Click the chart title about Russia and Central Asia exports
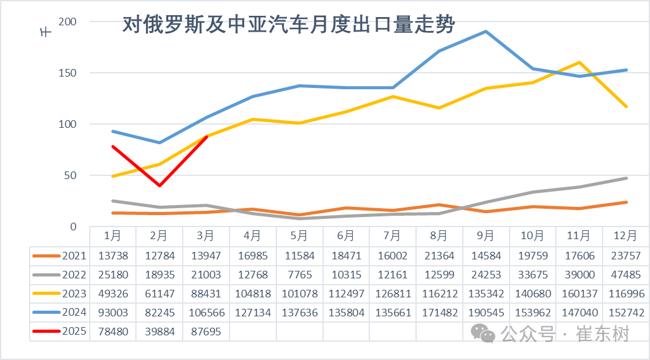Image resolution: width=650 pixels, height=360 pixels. [x=288, y=25]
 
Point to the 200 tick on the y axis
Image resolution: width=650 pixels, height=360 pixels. [x=68, y=22]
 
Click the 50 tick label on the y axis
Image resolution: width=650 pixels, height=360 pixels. [x=70, y=175]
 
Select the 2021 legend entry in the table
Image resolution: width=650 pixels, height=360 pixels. [x=59, y=255]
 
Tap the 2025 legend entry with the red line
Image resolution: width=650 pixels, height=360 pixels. [x=59, y=331]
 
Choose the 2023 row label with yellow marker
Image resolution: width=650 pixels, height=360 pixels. [x=59, y=293]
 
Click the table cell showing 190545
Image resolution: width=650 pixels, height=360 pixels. [x=486, y=312]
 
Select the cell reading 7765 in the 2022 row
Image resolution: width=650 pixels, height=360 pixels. [x=300, y=274]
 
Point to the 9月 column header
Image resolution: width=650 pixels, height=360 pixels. [x=486, y=236]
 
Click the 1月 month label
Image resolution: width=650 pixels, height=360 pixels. [x=113, y=236]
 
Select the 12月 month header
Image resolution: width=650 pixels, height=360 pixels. [x=625, y=236]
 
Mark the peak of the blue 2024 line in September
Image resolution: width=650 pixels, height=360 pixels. [x=486, y=31]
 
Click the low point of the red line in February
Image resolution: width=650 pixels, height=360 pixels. [x=159, y=185]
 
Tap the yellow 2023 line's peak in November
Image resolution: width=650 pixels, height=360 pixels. [x=579, y=62]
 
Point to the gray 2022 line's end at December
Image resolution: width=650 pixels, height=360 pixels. [x=626, y=178]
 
